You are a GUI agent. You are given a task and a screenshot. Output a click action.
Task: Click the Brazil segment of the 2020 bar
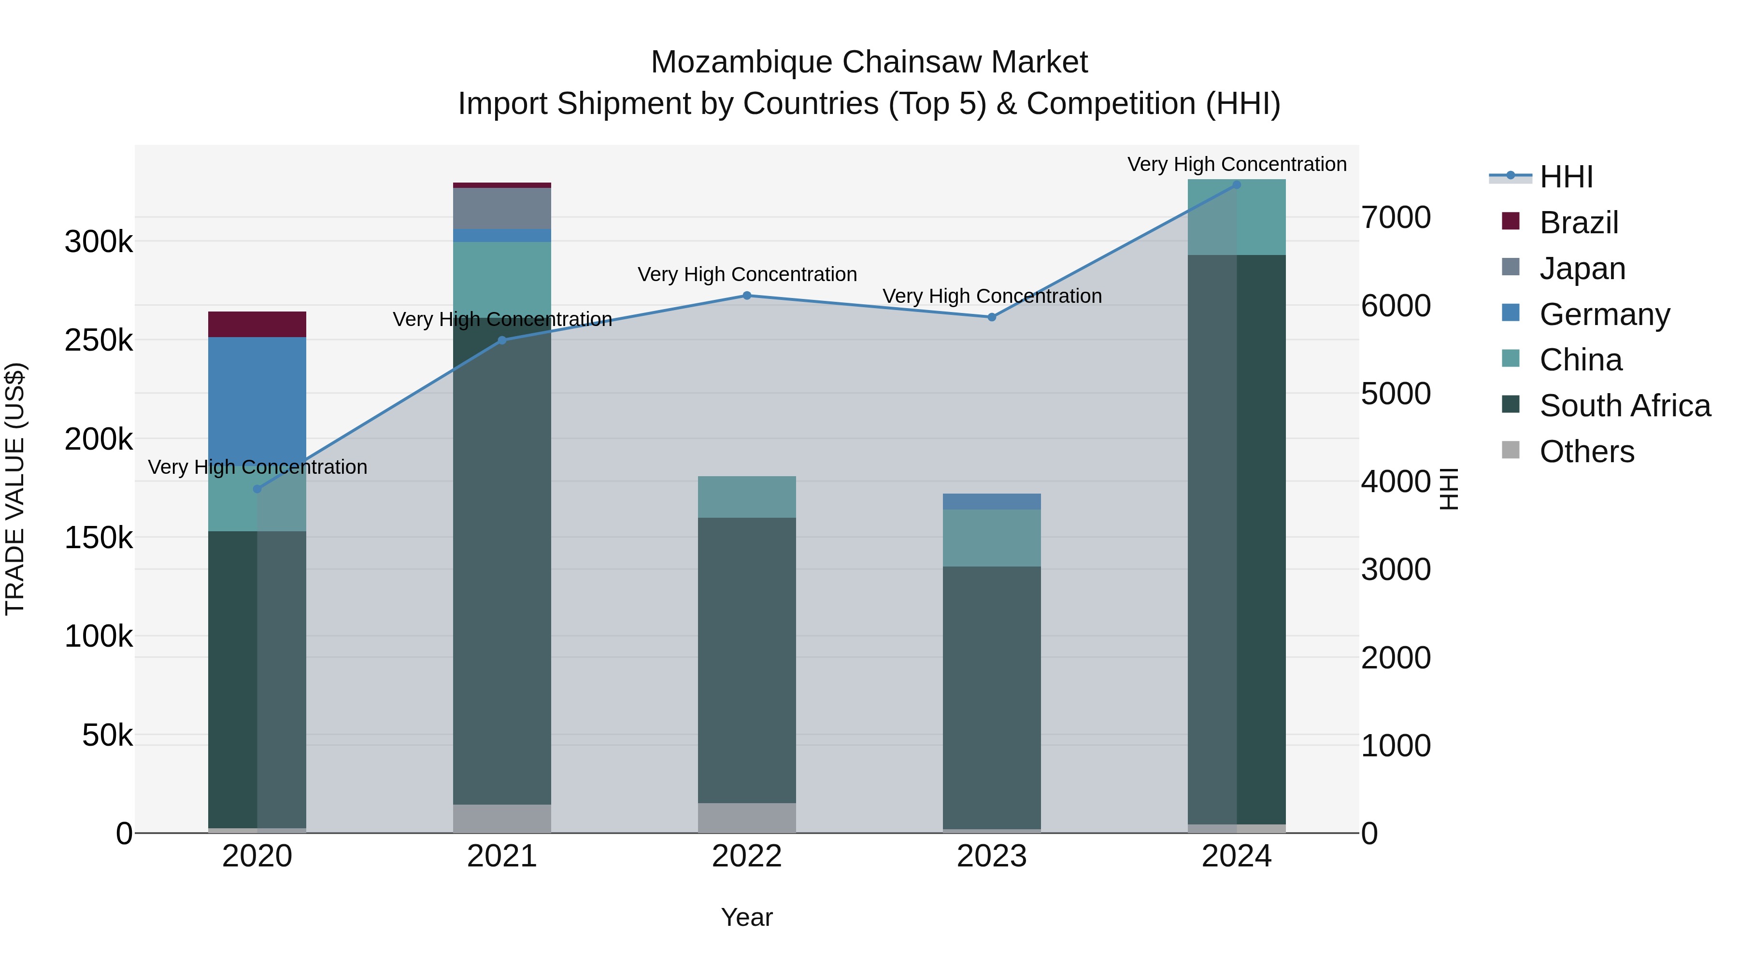tap(257, 324)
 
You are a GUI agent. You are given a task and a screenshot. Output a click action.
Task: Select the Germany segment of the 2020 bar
tap(257, 398)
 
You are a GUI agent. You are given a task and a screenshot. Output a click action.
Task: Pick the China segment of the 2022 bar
tap(747, 497)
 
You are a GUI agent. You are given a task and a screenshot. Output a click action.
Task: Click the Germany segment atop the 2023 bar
tap(992, 501)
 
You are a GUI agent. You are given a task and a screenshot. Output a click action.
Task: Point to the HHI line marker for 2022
tap(747, 296)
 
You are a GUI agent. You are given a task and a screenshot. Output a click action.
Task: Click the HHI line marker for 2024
tap(1237, 184)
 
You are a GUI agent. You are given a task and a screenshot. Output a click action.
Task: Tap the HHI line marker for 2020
tap(257, 489)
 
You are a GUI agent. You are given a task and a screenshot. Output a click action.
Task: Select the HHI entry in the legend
tap(1566, 177)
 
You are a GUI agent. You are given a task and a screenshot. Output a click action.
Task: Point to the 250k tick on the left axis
tap(99, 340)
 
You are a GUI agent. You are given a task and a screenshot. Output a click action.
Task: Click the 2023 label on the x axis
tap(992, 856)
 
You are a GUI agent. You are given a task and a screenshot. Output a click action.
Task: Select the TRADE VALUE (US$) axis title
tap(15, 489)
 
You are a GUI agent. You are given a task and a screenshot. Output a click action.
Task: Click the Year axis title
tap(747, 917)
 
